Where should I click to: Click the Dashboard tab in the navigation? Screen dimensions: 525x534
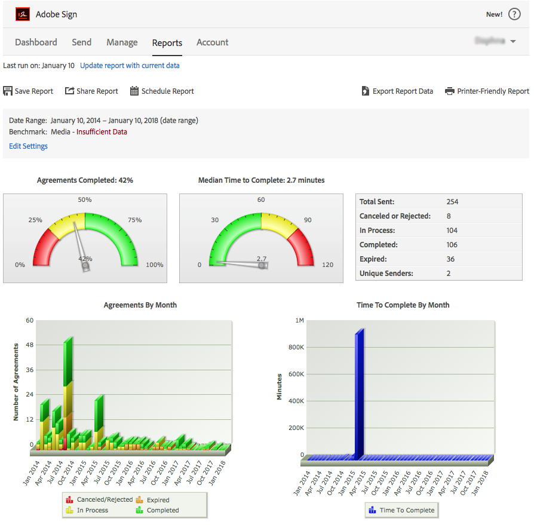coord(36,42)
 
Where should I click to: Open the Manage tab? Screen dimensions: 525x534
coord(122,42)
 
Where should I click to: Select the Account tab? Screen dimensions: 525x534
coord(212,42)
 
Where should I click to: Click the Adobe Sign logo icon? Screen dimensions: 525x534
coord(22,14)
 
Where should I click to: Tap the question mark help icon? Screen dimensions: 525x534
coord(514,14)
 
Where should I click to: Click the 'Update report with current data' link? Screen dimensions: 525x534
coord(130,66)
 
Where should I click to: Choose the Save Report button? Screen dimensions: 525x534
coord(28,91)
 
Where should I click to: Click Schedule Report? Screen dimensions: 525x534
coord(162,91)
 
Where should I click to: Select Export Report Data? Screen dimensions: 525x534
coord(397,91)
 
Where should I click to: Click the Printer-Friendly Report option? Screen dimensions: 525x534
coord(487,91)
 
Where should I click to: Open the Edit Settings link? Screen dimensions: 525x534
coord(28,146)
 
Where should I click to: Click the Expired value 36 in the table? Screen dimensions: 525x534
coord(450,259)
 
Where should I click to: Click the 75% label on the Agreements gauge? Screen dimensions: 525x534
coord(134,220)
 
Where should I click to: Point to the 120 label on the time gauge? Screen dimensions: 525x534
coord(328,265)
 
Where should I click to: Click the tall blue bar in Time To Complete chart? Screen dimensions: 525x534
coord(359,394)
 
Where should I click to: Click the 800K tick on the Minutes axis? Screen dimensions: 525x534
coord(296,348)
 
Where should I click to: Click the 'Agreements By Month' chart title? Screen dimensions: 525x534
coord(140,305)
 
